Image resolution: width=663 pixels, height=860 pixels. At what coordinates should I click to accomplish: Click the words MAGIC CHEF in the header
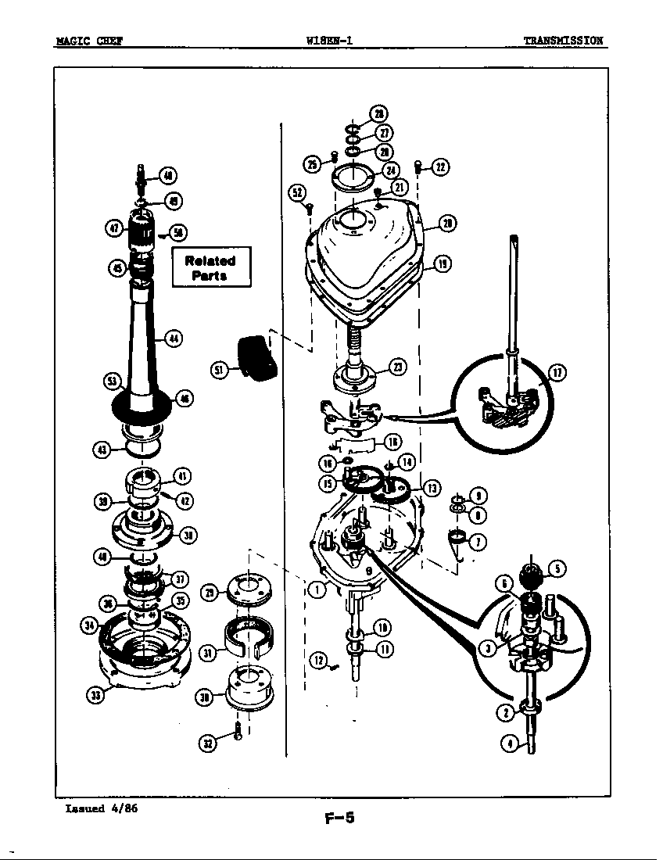pos(88,41)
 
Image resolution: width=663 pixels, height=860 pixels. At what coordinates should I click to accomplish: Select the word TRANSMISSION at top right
pos(563,41)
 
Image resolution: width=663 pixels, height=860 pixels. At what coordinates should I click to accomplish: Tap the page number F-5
pos(339,819)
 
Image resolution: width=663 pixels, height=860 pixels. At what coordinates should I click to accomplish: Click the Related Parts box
pos(210,268)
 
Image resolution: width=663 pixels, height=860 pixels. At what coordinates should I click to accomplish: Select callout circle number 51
pos(220,369)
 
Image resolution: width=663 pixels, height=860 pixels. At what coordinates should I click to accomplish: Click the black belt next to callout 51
pos(257,357)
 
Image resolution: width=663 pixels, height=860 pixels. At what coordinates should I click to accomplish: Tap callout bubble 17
pos(556,373)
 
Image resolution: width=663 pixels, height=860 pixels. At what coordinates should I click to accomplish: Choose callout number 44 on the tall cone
pos(174,339)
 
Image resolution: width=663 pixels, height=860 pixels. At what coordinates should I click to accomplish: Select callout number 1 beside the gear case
pos(316,589)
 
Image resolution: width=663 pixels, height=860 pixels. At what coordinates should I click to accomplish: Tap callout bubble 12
pos(317,660)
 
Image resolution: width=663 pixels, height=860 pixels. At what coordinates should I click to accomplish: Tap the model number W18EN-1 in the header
pos(331,41)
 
